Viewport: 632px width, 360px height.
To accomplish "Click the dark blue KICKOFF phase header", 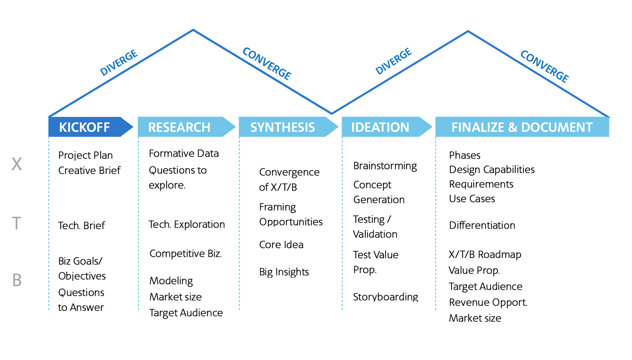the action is [x=85, y=127].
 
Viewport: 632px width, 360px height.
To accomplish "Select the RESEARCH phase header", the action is [x=179, y=127].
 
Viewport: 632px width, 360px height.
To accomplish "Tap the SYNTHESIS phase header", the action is [x=282, y=127].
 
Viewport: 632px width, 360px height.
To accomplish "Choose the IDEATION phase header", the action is [x=380, y=127].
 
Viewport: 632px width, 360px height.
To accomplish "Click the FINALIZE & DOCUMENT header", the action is [x=522, y=127].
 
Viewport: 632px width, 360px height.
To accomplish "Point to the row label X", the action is [x=17, y=164].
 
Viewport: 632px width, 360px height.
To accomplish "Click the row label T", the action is [x=16, y=223].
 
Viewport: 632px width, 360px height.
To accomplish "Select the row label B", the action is [x=17, y=280].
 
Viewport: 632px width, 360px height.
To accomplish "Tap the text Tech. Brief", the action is [x=81, y=226].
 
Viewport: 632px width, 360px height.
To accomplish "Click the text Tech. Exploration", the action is [x=187, y=224].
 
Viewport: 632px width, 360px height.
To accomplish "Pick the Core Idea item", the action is [x=281, y=245].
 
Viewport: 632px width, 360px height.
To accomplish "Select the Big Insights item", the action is [x=284, y=272].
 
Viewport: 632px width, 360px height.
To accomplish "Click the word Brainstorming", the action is [x=385, y=166].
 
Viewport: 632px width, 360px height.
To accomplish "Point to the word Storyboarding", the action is [x=385, y=297].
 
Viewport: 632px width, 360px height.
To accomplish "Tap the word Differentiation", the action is [x=482, y=225].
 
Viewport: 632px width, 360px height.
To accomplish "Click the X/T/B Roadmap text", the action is [x=485, y=255].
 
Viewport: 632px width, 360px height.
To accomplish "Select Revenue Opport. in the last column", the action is [x=488, y=302].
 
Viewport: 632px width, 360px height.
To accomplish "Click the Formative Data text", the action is [x=184, y=154].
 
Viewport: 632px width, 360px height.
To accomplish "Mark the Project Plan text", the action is [x=85, y=155].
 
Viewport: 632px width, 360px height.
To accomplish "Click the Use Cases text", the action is [x=472, y=199].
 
